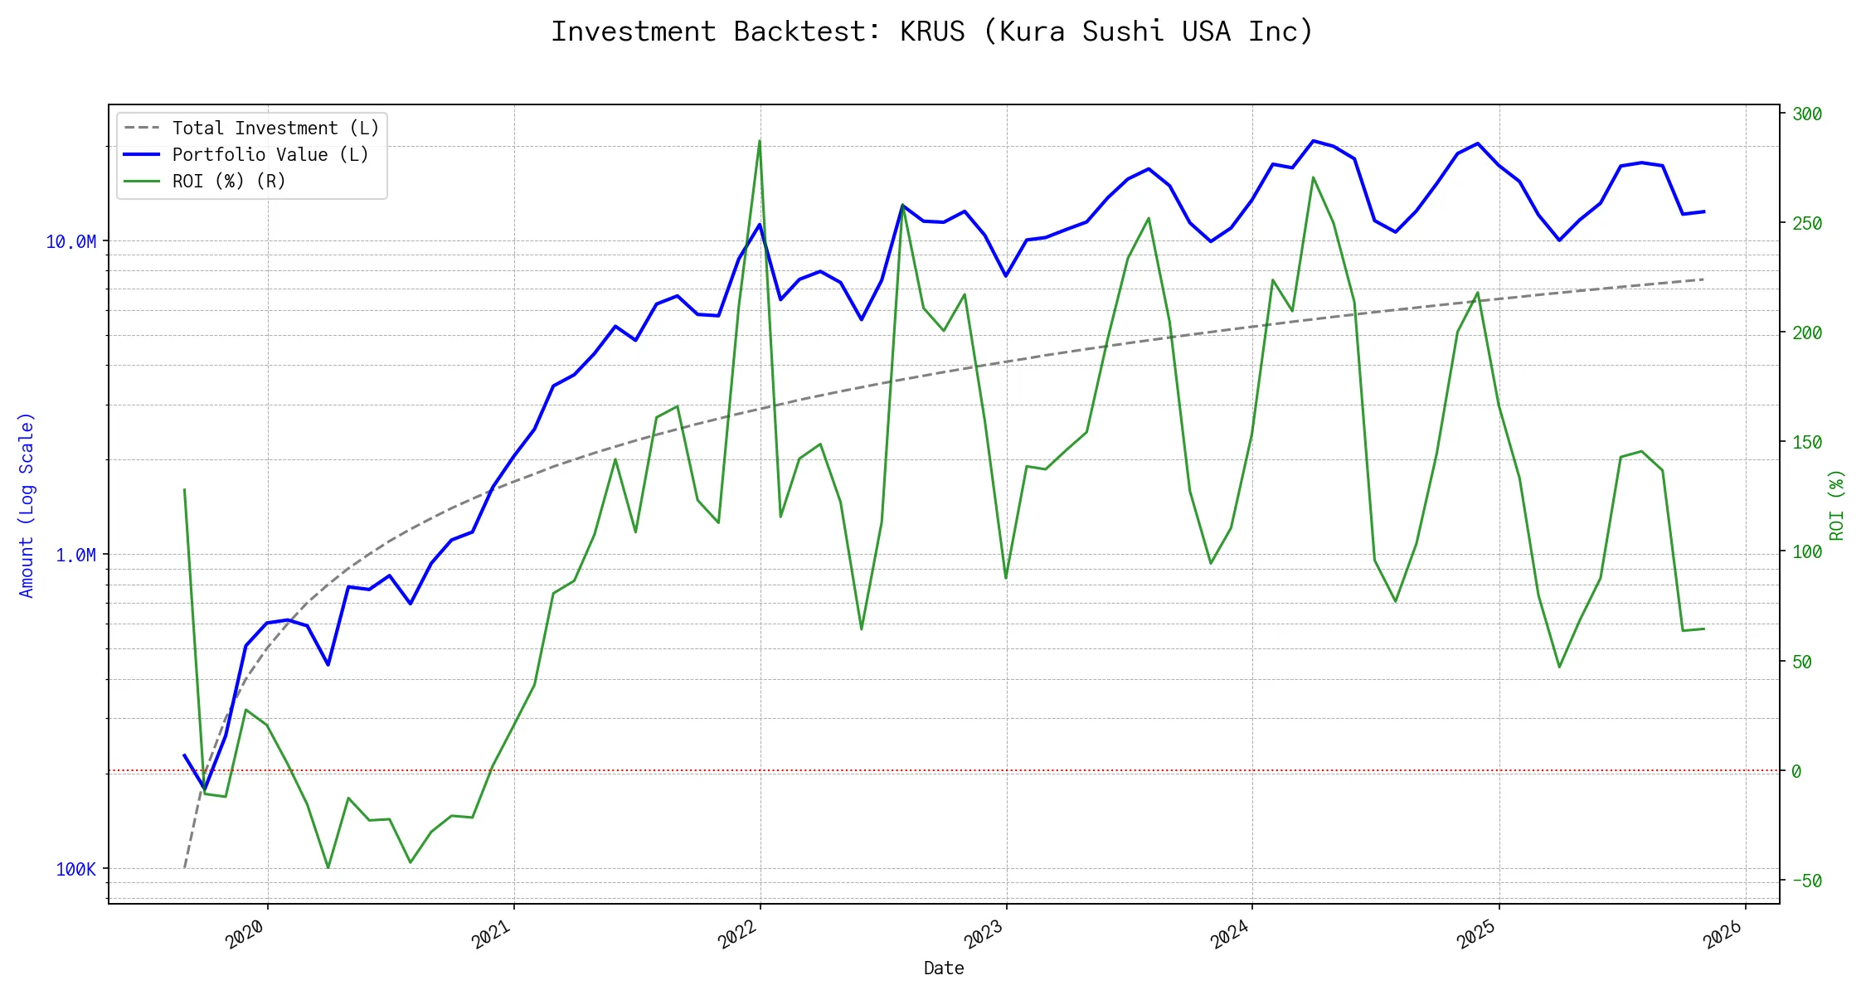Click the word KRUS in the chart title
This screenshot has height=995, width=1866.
[932, 32]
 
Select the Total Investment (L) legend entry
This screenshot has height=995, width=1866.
[275, 129]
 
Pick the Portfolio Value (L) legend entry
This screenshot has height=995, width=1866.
[270, 155]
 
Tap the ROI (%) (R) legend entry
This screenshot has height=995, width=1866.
[228, 182]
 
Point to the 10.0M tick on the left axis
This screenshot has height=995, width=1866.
[71, 242]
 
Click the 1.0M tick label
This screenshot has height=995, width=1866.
[75, 556]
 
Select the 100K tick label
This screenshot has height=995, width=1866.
[75, 870]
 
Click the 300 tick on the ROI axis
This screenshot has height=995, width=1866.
[1806, 114]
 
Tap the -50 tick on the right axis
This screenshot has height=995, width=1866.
[1805, 881]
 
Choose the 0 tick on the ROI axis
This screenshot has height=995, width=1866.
[1796, 772]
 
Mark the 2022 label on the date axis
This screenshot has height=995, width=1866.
[737, 935]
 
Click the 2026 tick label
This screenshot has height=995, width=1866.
[1723, 935]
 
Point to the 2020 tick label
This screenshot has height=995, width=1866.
[245, 935]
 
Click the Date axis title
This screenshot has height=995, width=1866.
[944, 968]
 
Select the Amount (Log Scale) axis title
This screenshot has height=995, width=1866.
[27, 505]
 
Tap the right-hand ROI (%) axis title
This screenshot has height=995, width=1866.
[1836, 505]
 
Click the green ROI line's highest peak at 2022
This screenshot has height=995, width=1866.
[759, 141]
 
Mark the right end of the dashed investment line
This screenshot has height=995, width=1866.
[1703, 279]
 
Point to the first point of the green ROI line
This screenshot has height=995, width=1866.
[184, 489]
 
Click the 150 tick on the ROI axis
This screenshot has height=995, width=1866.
[1806, 443]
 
